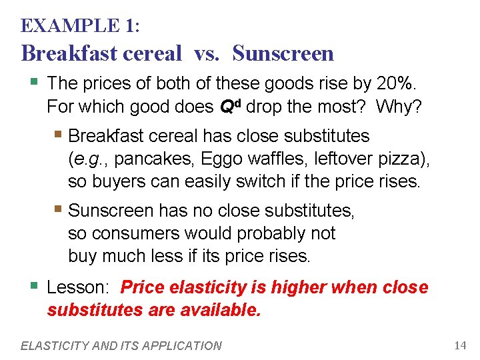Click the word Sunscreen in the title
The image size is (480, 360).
pyautogui.click(x=283, y=53)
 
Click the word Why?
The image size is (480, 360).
pyautogui.click(x=398, y=106)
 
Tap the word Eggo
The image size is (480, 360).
pyautogui.click(x=211, y=159)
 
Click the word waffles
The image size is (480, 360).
pyautogui.click(x=266, y=159)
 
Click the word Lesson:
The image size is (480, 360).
pyautogui.click(x=79, y=288)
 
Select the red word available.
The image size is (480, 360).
pyautogui.click(x=221, y=310)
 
